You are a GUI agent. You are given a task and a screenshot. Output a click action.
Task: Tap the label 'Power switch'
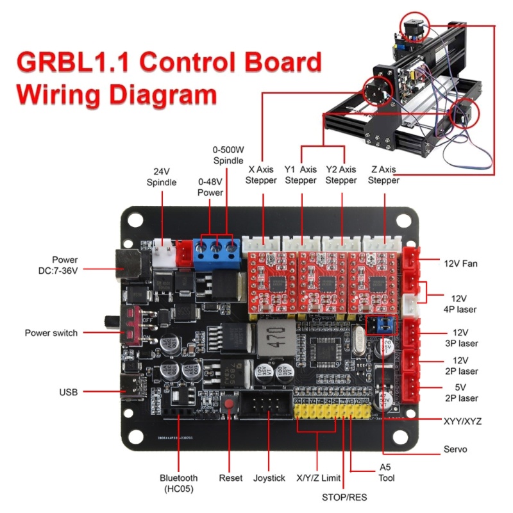coord(51,333)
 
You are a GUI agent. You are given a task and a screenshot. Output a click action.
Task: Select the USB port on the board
coord(131,390)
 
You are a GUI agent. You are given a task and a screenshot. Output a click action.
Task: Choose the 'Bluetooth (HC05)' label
coord(179,484)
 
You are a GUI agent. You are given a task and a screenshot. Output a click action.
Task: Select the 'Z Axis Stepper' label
coord(384,175)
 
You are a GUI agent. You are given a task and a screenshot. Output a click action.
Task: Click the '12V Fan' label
coord(461,263)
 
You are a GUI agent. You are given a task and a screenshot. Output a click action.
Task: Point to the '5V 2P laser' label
coord(461,393)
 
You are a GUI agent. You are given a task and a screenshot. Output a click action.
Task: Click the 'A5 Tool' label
coord(387,472)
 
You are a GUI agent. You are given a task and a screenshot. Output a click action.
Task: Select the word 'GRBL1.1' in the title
coord(74,64)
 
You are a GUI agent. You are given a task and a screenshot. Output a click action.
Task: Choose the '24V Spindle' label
coord(161,178)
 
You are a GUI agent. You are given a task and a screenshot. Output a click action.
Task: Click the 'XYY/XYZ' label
coord(462,421)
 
